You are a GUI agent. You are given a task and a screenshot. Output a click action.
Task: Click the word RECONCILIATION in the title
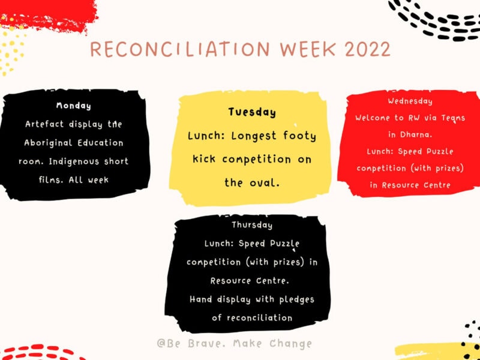(x=180, y=49)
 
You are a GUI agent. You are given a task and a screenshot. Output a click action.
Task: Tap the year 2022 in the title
(x=368, y=49)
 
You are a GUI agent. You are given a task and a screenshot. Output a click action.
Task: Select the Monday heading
(x=74, y=106)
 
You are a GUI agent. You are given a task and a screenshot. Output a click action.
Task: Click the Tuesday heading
(x=252, y=112)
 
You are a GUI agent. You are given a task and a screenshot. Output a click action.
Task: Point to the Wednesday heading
(x=410, y=101)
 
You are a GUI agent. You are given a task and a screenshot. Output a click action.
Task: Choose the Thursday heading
(x=252, y=225)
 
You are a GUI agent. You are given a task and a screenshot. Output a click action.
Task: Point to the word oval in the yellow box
(x=266, y=183)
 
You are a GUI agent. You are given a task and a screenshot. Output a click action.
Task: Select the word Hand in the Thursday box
(x=201, y=299)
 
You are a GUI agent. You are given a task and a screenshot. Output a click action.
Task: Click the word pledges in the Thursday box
(x=296, y=299)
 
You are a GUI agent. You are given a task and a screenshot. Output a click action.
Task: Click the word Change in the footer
(x=291, y=344)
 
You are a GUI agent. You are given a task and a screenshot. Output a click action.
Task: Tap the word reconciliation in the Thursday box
(x=260, y=318)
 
